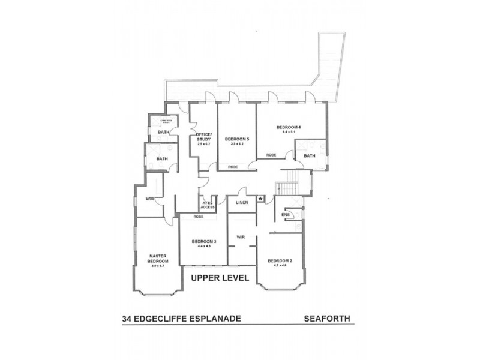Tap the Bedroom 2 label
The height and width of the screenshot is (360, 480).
coord(280,260)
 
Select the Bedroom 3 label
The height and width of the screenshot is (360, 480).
coord(203,241)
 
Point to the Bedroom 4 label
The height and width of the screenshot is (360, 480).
coord(288,127)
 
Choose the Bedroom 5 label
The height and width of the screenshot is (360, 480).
coord(236,140)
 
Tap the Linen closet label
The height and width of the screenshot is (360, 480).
coord(242,202)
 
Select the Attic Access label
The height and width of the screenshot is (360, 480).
coord(208,205)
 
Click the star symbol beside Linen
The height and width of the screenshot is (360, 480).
coord(260,199)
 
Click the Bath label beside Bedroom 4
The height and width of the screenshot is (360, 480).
coord(309,156)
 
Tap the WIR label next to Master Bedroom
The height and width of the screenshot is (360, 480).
coord(150,199)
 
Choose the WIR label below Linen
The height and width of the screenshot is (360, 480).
coord(241,236)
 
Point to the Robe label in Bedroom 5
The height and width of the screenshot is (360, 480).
coord(232,166)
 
